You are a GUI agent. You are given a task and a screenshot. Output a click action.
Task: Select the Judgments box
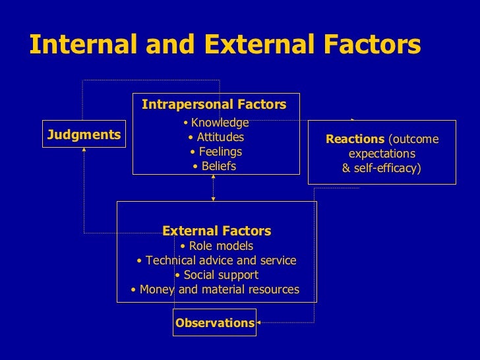[x=84, y=135]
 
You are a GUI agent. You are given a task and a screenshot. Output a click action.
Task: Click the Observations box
[x=214, y=322]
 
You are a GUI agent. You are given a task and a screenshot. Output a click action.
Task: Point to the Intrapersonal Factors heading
[x=214, y=105]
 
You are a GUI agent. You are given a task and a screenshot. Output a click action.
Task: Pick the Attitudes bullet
[x=216, y=137]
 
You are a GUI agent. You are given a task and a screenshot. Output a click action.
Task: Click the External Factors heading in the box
[x=216, y=231]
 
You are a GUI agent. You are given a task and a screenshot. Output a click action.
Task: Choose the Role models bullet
[x=216, y=246]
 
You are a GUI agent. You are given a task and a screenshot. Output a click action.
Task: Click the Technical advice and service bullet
[x=216, y=260]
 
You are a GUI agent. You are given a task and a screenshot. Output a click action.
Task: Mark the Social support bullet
[x=216, y=275]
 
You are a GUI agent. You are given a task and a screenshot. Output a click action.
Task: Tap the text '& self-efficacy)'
[x=381, y=168]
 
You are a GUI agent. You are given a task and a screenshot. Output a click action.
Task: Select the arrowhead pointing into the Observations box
[x=259, y=322]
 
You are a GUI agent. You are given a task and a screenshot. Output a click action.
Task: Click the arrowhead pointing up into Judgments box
[x=84, y=150]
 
